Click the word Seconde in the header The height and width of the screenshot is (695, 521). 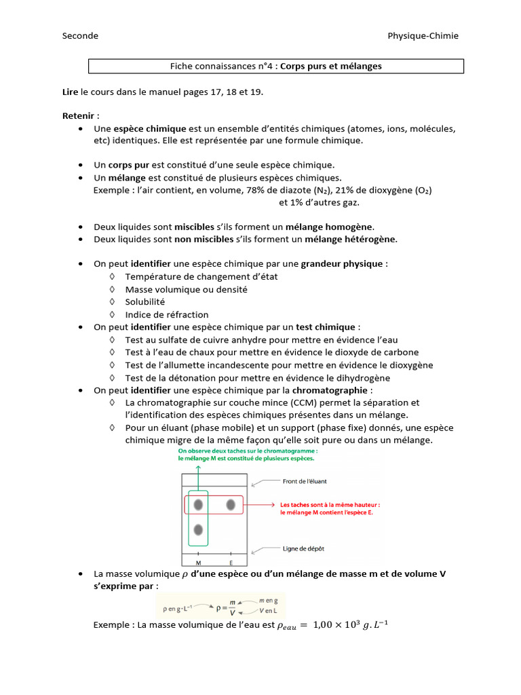(x=80, y=35)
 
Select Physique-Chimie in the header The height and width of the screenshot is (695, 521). (x=423, y=35)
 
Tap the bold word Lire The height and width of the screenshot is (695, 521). (x=70, y=90)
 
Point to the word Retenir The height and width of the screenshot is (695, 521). (x=78, y=116)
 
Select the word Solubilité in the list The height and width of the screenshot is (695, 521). (x=144, y=302)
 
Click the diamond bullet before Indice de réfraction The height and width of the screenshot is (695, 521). (x=111, y=314)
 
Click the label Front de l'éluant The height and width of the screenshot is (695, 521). (x=304, y=481)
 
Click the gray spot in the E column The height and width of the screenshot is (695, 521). (x=231, y=504)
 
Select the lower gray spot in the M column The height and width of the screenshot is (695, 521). (x=198, y=529)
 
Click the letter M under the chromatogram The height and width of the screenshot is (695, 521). (x=198, y=563)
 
